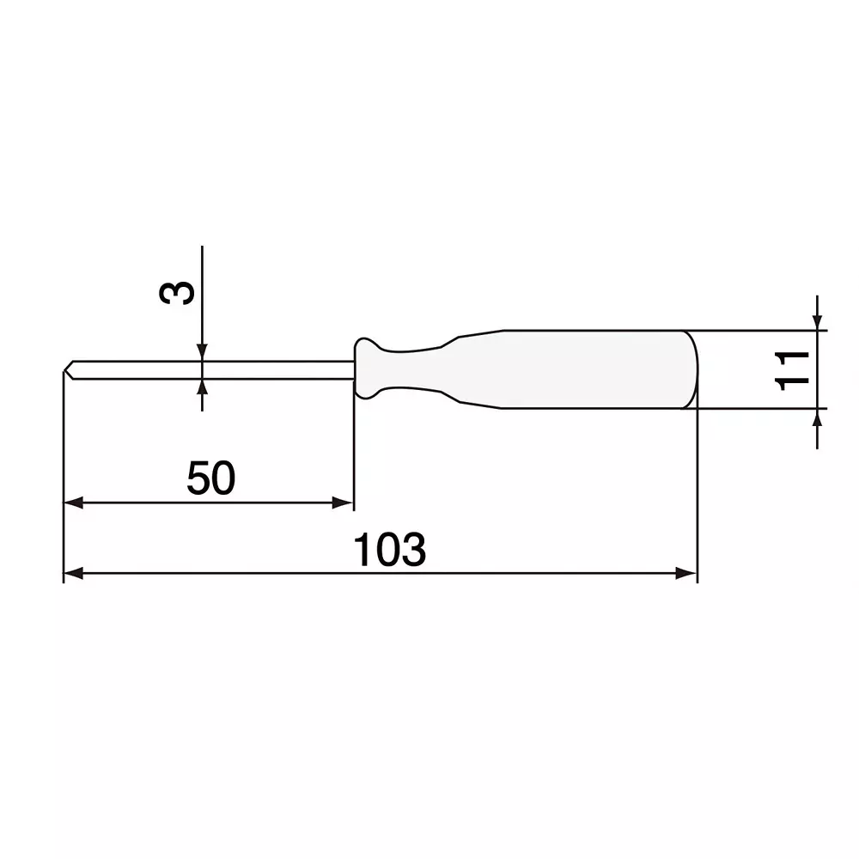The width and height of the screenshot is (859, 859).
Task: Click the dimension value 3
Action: (x=178, y=293)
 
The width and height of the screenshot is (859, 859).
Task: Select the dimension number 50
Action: (x=210, y=478)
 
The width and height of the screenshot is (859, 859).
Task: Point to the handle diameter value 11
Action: (x=791, y=369)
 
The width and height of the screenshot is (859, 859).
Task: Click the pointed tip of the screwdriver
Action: (x=66, y=369)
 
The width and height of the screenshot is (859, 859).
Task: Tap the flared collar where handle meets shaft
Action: (x=365, y=369)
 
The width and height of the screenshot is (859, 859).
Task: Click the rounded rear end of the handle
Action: (x=694, y=369)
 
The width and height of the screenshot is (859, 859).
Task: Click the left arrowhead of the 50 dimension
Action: (x=74, y=503)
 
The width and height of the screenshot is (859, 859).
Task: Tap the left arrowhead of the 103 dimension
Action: (x=74, y=574)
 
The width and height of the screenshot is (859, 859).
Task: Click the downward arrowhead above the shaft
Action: (x=202, y=352)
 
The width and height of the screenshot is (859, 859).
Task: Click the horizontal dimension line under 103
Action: (x=258, y=574)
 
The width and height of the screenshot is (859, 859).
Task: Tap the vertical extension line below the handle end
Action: (x=697, y=498)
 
